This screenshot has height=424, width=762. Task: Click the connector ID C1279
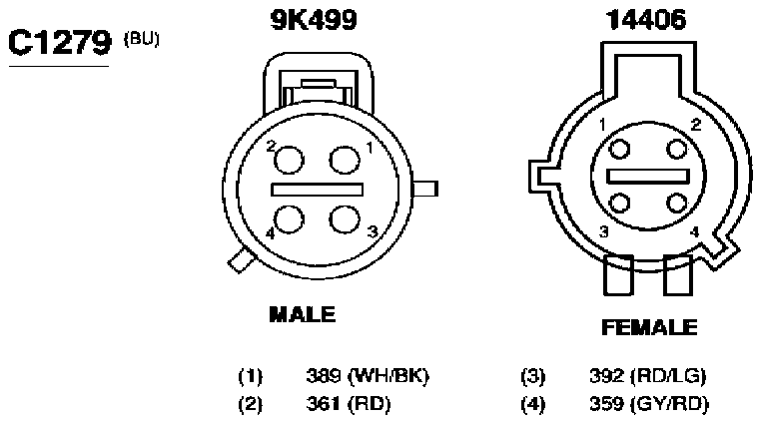click(60, 42)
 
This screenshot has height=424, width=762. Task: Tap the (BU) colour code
click(142, 38)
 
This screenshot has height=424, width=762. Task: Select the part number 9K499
click(314, 20)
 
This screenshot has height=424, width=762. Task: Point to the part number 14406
click(646, 20)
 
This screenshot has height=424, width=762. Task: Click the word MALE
click(303, 314)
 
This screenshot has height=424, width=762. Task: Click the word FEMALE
click(649, 327)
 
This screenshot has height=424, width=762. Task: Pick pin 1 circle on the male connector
click(345, 160)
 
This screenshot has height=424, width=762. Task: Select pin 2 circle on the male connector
click(290, 160)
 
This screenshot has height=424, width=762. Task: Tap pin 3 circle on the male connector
click(345, 218)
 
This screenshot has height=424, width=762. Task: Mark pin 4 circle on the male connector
click(290, 218)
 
